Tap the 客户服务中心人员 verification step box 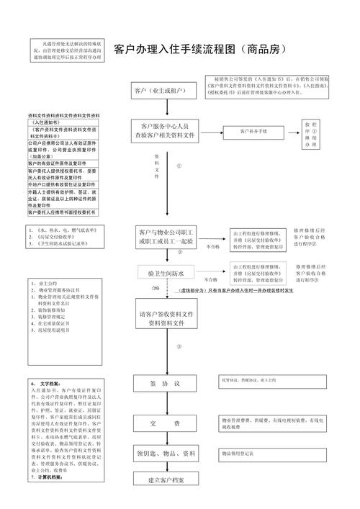[165, 130]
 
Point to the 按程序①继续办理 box [310, 135]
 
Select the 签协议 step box [165, 383]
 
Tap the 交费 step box [165, 423]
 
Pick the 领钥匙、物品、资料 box [166, 454]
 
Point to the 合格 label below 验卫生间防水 [156, 288]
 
